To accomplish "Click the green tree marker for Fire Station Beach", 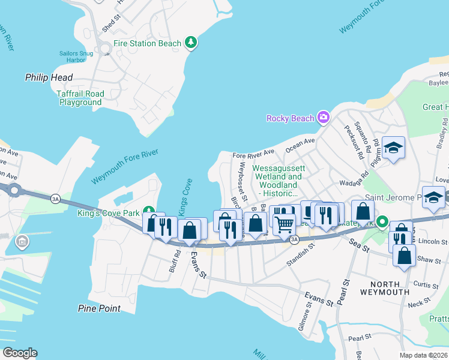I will coord(191,42).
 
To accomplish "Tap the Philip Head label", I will coord(49,77).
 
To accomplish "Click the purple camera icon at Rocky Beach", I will coord(324,117).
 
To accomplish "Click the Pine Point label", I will coord(99,308).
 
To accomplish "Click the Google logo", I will coord(20,353).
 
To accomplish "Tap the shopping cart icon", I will coord(284,224).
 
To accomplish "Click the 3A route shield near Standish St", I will coord(294,240).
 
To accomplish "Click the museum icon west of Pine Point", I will coord(22,242).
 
